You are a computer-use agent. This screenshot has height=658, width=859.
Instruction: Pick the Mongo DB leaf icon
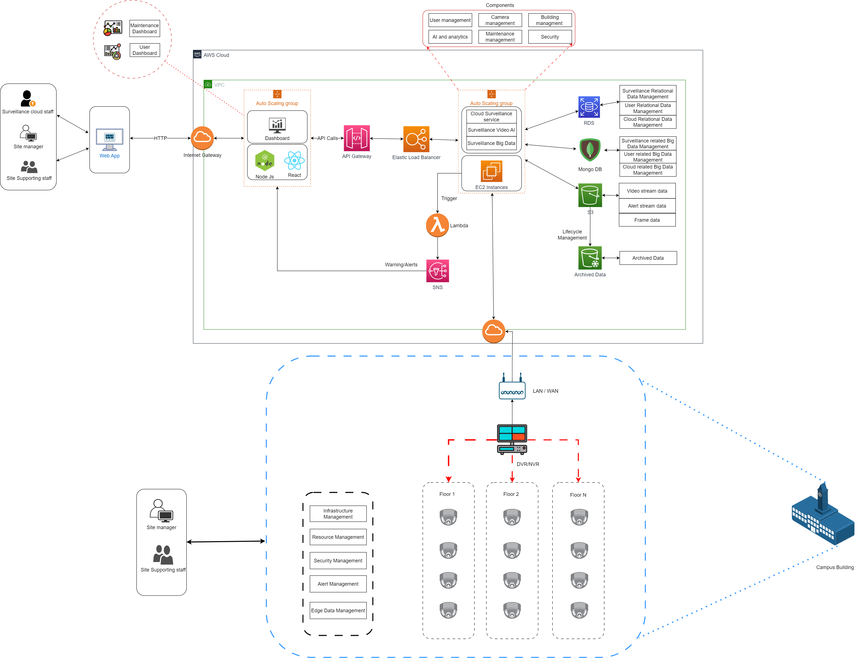[589, 150]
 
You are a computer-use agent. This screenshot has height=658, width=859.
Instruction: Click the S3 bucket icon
[590, 195]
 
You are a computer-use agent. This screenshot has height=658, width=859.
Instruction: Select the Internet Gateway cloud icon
[202, 138]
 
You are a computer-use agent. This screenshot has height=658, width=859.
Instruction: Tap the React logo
[294, 160]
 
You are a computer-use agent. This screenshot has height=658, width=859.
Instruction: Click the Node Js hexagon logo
[265, 160]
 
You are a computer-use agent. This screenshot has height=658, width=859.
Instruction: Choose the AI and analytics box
[450, 37]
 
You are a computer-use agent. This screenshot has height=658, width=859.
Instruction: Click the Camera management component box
[500, 20]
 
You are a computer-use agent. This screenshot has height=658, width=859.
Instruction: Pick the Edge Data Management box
[338, 610]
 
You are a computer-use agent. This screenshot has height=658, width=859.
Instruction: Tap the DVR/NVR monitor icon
[512, 439]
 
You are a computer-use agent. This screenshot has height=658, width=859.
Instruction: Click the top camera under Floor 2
[512, 517]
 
